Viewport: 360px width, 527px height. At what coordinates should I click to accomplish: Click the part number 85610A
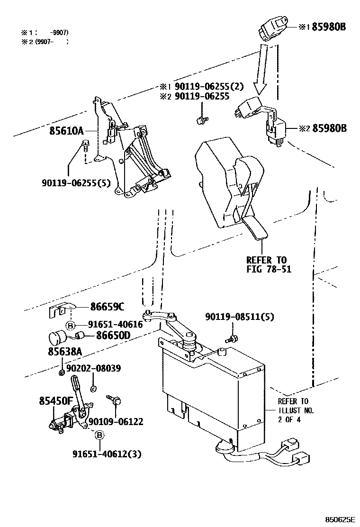click(x=66, y=131)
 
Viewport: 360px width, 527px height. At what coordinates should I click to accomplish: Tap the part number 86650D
click(x=113, y=336)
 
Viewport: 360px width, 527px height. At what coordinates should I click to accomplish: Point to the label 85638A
click(x=65, y=353)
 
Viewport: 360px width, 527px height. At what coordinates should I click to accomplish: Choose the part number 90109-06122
click(x=116, y=422)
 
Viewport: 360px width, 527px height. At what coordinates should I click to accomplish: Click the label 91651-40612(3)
click(x=107, y=454)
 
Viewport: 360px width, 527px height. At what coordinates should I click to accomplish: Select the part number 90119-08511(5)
click(x=239, y=317)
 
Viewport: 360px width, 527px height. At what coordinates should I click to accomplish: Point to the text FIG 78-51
click(x=269, y=269)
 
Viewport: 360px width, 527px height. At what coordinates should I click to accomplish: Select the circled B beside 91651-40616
click(x=70, y=325)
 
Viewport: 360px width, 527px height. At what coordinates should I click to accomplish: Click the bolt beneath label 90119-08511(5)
click(x=232, y=338)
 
